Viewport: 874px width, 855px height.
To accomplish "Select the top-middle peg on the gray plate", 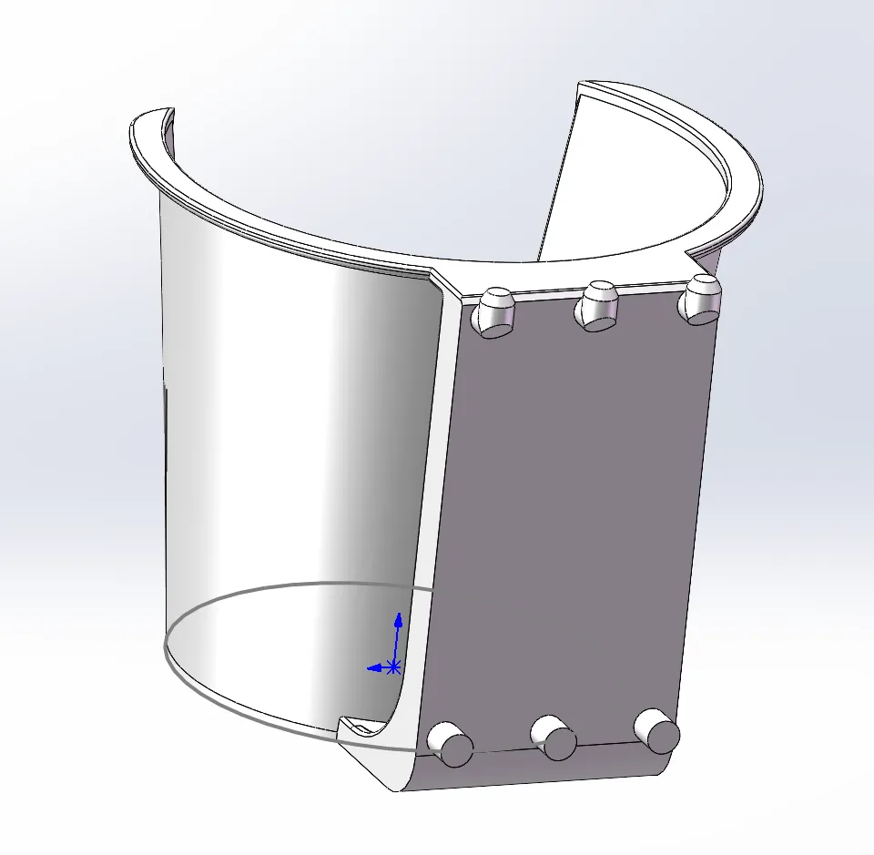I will pos(598,303).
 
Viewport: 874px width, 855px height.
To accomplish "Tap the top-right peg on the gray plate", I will pos(702,299).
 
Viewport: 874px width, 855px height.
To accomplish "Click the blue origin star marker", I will pos(393,667).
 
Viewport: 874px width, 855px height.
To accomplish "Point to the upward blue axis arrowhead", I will pos(398,619).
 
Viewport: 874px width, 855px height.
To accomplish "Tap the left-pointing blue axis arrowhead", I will pos(371,668).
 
